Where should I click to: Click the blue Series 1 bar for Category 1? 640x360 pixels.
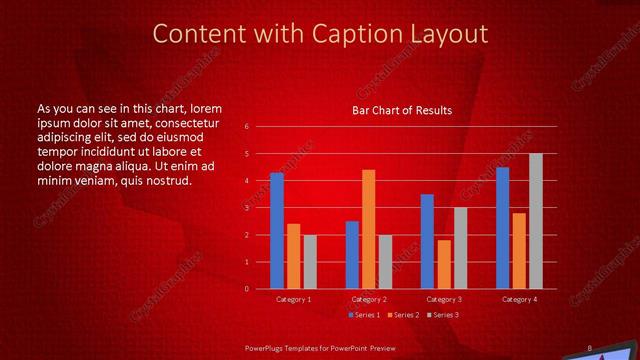click(x=277, y=231)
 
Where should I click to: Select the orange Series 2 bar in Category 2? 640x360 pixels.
click(x=368, y=229)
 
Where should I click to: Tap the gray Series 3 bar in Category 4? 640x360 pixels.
click(x=535, y=221)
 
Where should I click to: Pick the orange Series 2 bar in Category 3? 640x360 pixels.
click(x=444, y=264)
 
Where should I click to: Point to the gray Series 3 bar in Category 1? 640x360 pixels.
click(x=309, y=262)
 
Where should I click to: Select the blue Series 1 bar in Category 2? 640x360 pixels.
click(x=352, y=255)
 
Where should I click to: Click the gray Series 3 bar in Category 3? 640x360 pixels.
click(x=460, y=248)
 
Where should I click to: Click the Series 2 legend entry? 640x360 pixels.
click(x=402, y=315)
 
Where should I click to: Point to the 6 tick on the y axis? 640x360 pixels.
click(x=247, y=127)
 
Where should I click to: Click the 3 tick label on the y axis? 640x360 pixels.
click(x=247, y=208)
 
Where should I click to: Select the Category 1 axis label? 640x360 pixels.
click(x=293, y=299)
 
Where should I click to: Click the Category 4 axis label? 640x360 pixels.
click(x=518, y=299)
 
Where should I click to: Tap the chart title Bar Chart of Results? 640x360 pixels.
click(x=402, y=110)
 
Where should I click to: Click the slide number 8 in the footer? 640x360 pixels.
click(x=589, y=348)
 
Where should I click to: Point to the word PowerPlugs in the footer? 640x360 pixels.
click(x=266, y=348)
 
